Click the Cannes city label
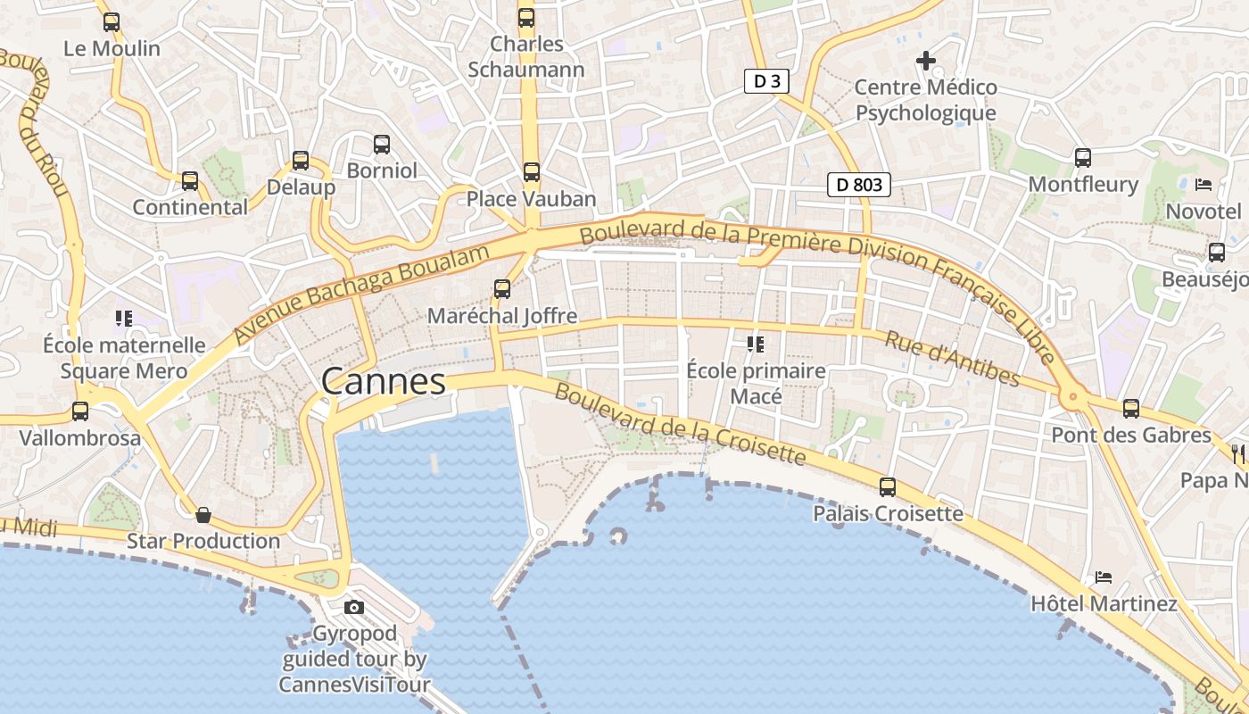(383, 382)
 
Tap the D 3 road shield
(766, 81)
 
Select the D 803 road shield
(859, 185)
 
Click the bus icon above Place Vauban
(532, 171)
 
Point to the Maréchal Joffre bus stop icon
(502, 289)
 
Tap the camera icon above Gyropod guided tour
(354, 607)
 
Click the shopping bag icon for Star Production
(203, 514)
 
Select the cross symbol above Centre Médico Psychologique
(926, 61)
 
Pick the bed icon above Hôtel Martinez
(1104, 577)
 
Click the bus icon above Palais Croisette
(888, 486)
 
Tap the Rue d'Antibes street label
(952, 359)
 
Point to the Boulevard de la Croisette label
(680, 425)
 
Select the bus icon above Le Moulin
(112, 21)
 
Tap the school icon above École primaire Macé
(756, 344)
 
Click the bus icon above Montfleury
(1083, 158)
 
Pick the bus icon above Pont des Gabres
(1131, 409)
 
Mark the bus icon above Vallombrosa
(80, 411)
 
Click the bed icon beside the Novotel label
(1204, 185)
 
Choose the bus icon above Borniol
(382, 144)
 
